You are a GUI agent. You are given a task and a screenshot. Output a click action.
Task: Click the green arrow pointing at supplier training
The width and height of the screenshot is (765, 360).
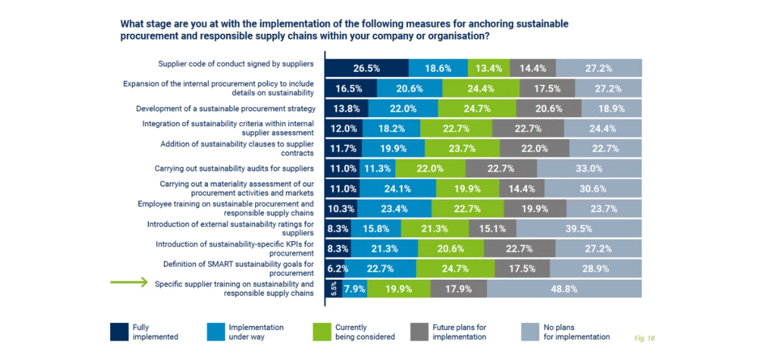click(x=130, y=284)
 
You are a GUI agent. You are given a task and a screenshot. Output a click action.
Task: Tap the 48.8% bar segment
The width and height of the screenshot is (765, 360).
click(x=564, y=289)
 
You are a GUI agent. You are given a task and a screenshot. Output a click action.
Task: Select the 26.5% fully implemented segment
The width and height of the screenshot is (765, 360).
click(x=367, y=68)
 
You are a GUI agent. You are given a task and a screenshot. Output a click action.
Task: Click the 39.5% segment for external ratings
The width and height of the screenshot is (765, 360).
click(x=579, y=228)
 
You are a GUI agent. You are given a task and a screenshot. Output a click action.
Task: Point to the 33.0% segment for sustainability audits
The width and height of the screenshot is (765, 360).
click(x=589, y=168)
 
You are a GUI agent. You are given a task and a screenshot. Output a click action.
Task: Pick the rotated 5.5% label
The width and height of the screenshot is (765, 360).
click(x=333, y=289)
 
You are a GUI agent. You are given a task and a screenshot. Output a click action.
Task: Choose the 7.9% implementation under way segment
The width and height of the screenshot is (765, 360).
click(x=354, y=289)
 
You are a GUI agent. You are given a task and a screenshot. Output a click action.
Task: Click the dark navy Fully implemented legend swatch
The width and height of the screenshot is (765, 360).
click(x=119, y=332)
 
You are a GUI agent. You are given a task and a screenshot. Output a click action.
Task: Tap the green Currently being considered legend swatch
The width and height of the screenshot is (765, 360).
click(x=322, y=332)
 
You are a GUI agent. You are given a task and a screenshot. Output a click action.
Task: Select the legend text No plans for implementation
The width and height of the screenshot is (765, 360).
click(x=576, y=332)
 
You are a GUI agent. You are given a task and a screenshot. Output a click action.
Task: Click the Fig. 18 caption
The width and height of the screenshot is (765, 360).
click(x=645, y=338)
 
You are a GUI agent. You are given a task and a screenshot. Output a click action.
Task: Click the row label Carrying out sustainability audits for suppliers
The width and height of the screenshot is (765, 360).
click(x=234, y=168)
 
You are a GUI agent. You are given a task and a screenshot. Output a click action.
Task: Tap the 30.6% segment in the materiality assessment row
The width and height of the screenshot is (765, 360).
click(x=593, y=189)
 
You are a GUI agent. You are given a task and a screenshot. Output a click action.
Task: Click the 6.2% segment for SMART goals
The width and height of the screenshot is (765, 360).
click(x=337, y=268)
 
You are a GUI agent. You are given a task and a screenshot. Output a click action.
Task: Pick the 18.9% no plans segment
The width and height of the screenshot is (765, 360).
click(x=611, y=108)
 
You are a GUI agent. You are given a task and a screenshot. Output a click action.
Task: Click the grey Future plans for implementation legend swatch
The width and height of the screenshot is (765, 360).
click(x=419, y=332)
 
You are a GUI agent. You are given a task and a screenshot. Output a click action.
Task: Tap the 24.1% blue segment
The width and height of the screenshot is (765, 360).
click(x=398, y=189)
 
